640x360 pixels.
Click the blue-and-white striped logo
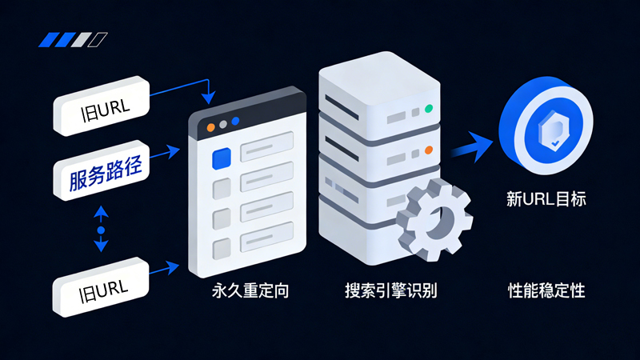pyautogui.click(x=74, y=39)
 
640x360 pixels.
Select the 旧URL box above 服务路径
pyautogui.click(x=101, y=106)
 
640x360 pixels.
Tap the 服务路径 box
pyautogui.click(x=101, y=174)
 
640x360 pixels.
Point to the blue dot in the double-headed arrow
pyautogui.click(x=101, y=230)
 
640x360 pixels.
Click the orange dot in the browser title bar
pyautogui.click(x=211, y=126)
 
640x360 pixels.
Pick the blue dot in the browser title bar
pyautogui.click(x=235, y=122)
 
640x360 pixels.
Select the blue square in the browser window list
pyautogui.click(x=221, y=159)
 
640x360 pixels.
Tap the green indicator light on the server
pyautogui.click(x=429, y=108)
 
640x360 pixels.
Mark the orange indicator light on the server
pyautogui.click(x=429, y=150)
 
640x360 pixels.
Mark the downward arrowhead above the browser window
pyautogui.click(x=209, y=98)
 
